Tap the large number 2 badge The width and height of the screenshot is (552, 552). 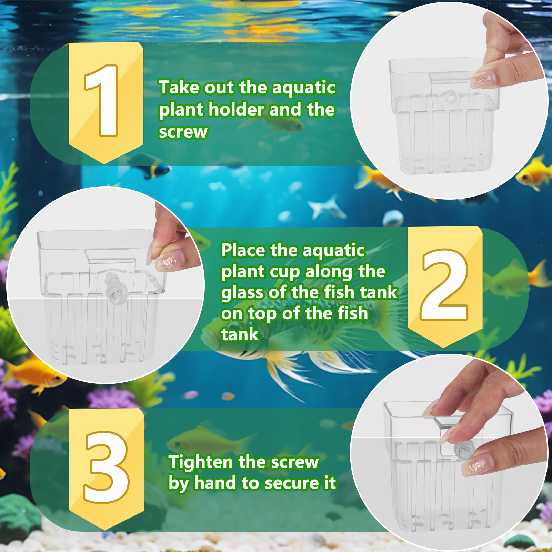(x=444, y=284)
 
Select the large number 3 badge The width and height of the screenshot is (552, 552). (x=106, y=467)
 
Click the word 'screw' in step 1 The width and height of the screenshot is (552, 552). (x=183, y=132)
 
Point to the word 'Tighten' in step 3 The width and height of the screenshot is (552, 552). (x=200, y=462)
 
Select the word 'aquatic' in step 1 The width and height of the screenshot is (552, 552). (x=303, y=88)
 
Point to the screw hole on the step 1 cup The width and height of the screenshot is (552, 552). (x=449, y=98)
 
